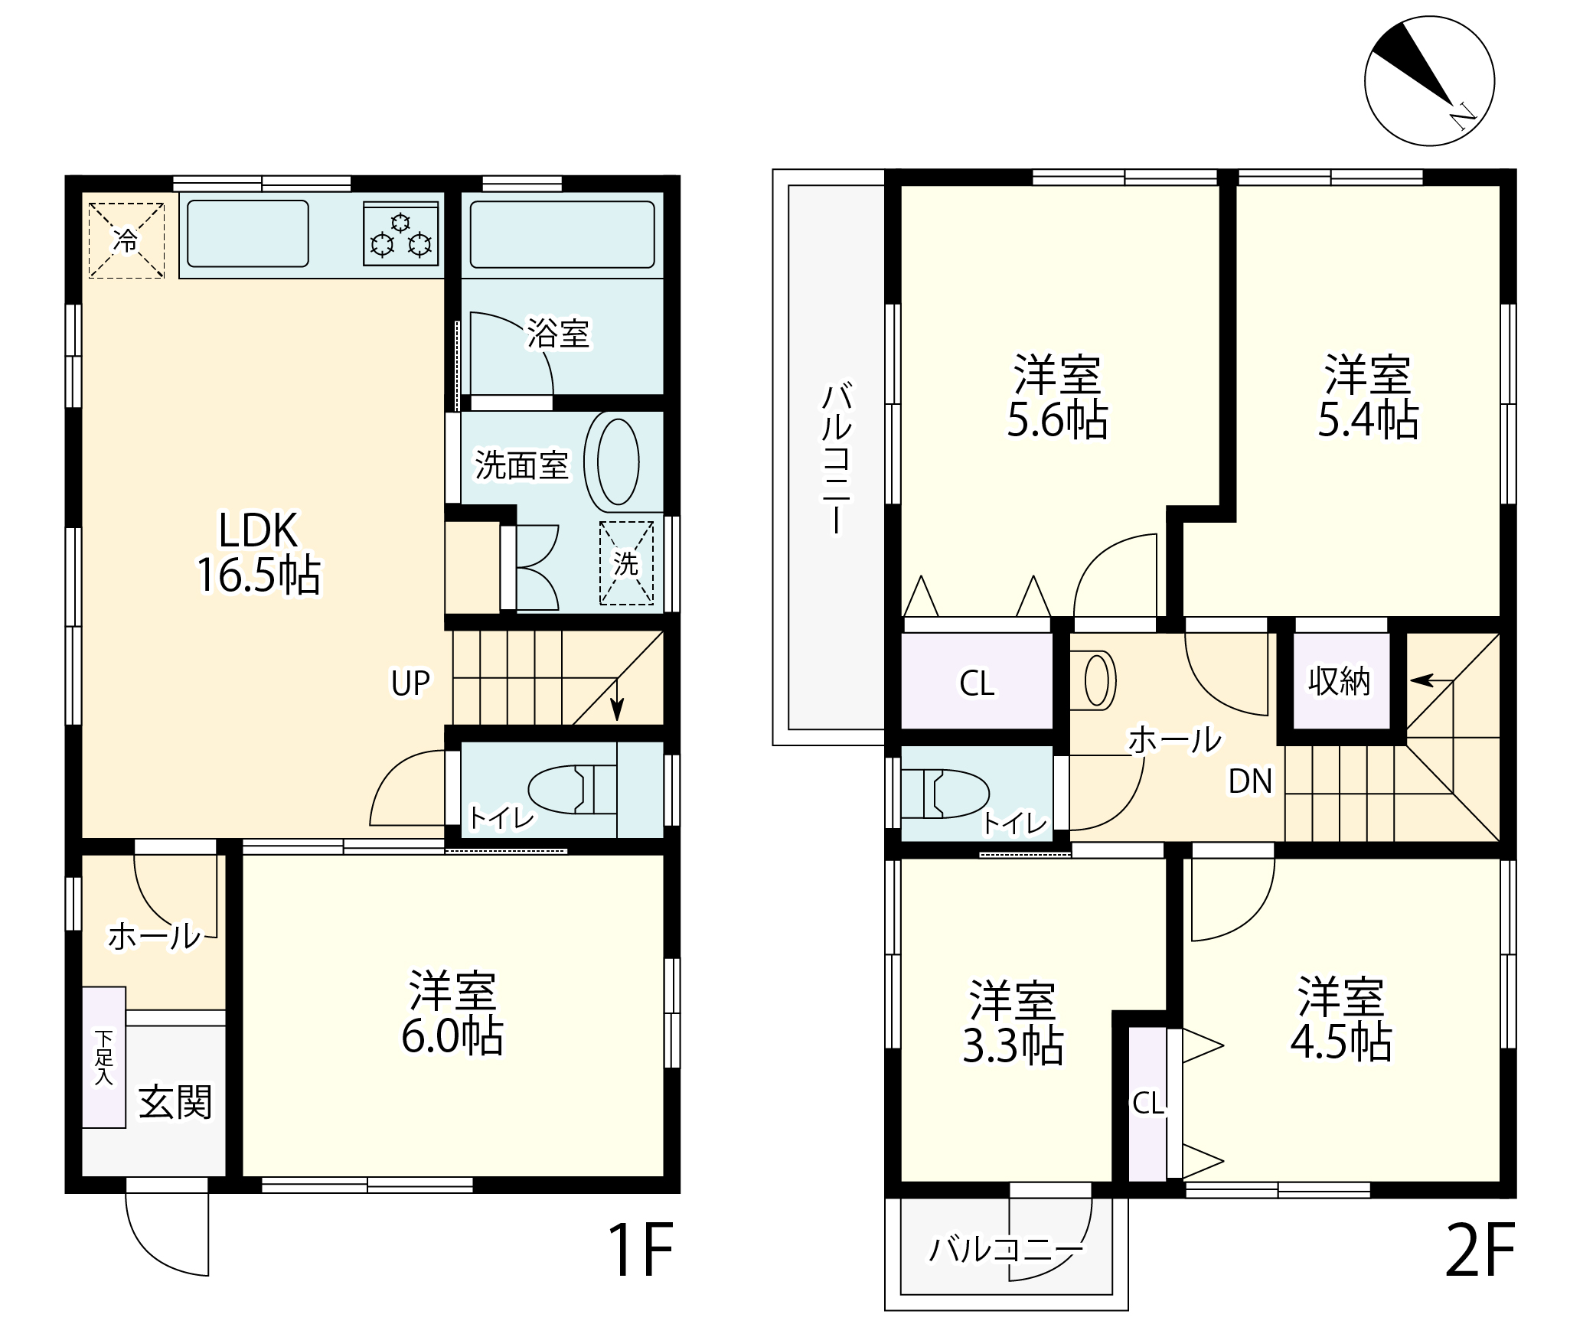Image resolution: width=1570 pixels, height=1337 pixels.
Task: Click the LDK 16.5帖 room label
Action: pyautogui.click(x=259, y=553)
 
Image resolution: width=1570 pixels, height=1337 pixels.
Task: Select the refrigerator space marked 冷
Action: pyautogui.click(x=126, y=240)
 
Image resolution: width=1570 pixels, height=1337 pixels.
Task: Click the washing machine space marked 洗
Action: pyautogui.click(x=627, y=563)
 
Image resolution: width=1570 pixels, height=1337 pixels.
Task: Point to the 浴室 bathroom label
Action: pyautogui.click(x=558, y=333)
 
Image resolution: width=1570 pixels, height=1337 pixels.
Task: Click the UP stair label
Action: pyautogui.click(x=411, y=683)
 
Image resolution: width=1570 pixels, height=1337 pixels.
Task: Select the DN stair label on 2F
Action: pyautogui.click(x=1250, y=781)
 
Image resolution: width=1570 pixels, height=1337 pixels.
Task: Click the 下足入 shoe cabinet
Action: pyautogui.click(x=104, y=1057)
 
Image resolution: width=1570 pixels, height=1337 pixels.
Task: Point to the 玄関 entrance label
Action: pyautogui.click(x=175, y=1102)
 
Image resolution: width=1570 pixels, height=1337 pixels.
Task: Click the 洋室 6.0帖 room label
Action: pyautogui.click(x=452, y=1013)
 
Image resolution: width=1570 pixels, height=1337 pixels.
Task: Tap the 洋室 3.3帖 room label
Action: pyautogui.click(x=1012, y=1022)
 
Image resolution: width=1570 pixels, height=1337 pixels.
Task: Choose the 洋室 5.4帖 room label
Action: pyautogui.click(x=1368, y=396)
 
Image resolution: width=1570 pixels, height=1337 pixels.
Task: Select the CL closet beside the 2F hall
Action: pyautogui.click(x=977, y=681)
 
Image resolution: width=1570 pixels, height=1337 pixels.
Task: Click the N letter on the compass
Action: pyautogui.click(x=1463, y=116)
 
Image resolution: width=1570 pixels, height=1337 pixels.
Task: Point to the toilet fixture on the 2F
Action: pyautogui.click(x=946, y=793)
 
